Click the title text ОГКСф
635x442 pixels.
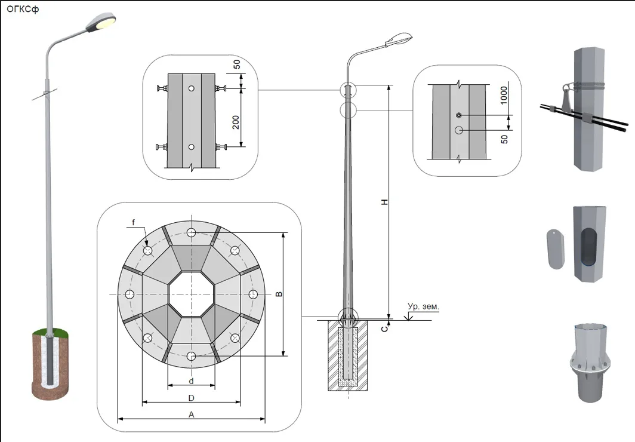(x=23, y=9)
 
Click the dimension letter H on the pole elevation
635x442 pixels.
(x=385, y=202)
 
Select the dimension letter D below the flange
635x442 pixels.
(x=191, y=398)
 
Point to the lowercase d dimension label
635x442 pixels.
(x=191, y=380)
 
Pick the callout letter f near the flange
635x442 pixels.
(x=134, y=223)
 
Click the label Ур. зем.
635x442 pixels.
(x=423, y=306)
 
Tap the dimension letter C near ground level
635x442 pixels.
(x=386, y=327)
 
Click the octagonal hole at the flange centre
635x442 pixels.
(x=191, y=294)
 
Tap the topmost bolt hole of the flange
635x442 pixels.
(x=191, y=233)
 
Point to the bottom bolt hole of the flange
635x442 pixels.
(x=191, y=356)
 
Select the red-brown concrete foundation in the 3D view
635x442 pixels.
(x=50, y=364)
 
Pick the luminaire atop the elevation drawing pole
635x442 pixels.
(x=396, y=39)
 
